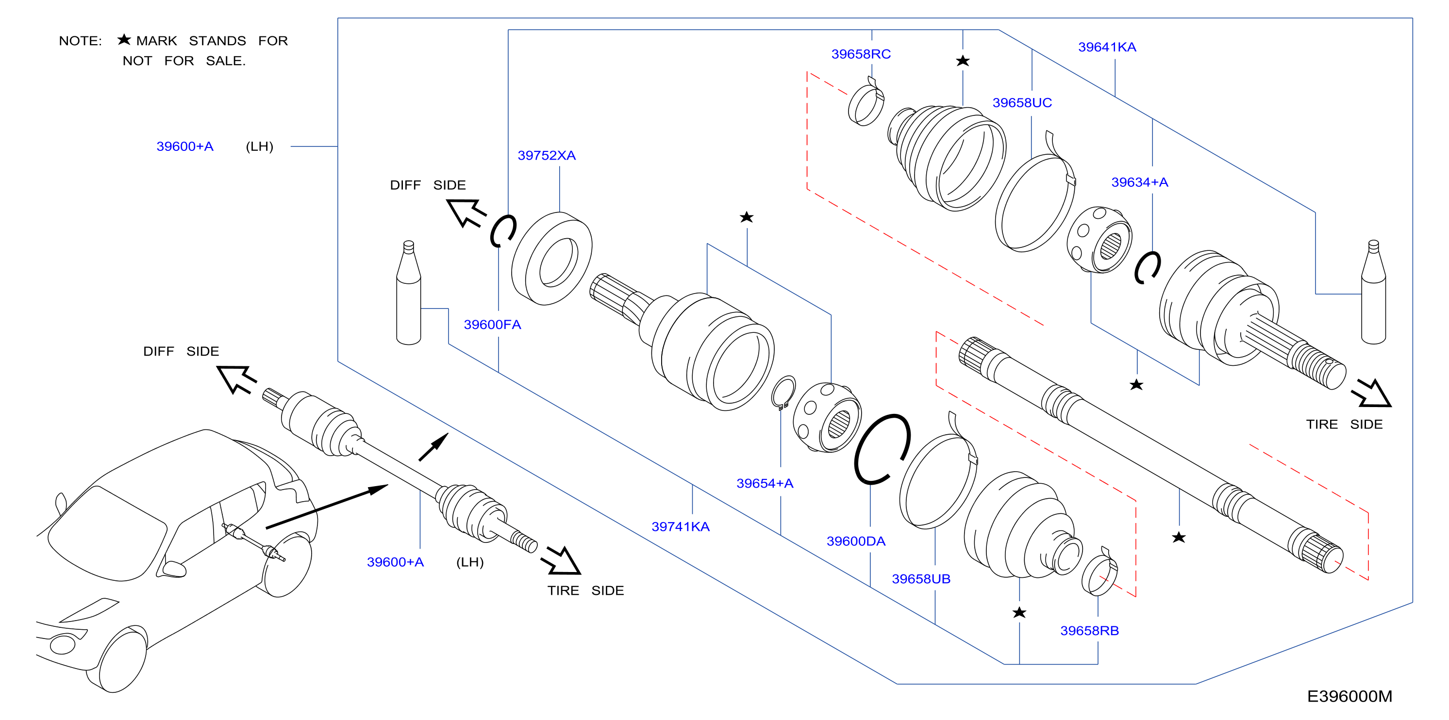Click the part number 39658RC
point(861,54)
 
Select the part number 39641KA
point(1106,47)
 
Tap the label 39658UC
point(1021,103)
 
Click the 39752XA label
point(546,155)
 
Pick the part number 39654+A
point(765,483)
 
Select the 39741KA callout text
point(680,526)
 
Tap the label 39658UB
point(921,579)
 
